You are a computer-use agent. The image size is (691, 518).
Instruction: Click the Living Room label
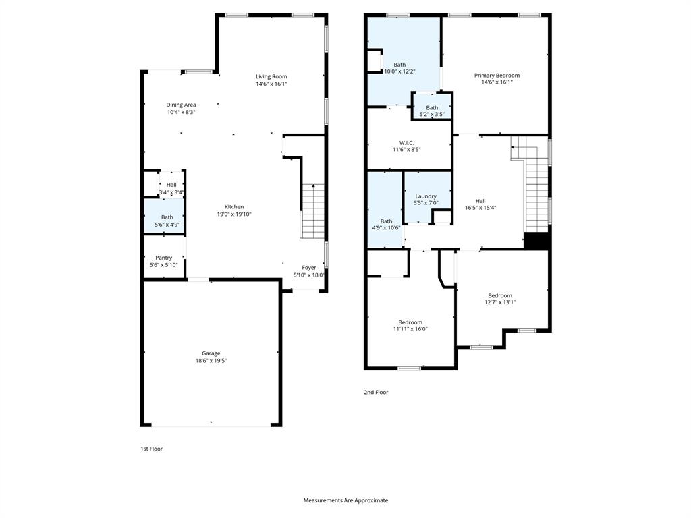(271, 76)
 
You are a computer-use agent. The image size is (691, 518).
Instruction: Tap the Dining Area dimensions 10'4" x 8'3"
(181, 113)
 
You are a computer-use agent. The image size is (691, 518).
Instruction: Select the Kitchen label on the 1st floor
(230, 207)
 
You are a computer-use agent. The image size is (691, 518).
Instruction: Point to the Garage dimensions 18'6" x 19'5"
(211, 361)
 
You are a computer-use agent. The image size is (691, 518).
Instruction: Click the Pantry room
(163, 261)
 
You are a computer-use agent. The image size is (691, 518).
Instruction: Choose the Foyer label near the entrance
(309, 268)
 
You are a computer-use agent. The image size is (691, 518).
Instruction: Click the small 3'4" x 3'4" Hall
(171, 189)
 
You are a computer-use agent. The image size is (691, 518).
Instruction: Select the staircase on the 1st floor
(312, 210)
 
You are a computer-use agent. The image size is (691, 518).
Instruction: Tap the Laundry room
(426, 199)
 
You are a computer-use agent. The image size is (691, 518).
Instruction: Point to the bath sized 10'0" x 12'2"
(399, 67)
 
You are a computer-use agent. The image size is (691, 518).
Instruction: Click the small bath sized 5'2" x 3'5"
(432, 111)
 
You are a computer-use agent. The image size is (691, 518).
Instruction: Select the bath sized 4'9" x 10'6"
(386, 224)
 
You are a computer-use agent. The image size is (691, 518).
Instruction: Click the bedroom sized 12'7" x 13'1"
(500, 299)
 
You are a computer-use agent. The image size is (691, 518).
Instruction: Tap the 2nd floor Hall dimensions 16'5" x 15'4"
(480, 208)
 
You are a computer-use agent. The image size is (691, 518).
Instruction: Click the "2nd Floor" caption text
(376, 392)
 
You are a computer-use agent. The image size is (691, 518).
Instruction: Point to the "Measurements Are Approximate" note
(345, 500)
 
